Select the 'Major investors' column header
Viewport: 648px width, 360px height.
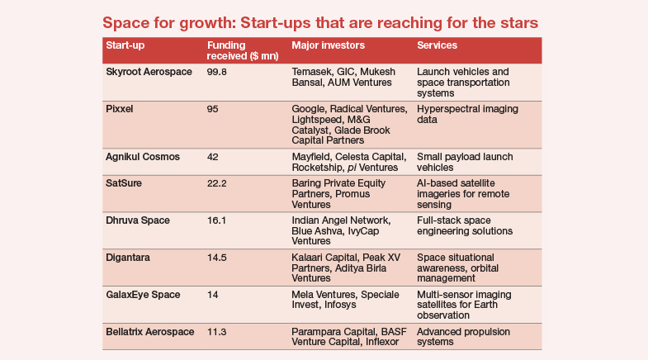[329, 45]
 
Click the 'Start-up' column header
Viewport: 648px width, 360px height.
[127, 45]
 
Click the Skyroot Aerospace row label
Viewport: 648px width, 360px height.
[149, 72]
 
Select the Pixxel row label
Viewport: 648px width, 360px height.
[121, 108]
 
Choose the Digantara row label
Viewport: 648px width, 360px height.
[129, 258]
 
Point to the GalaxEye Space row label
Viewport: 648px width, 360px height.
[144, 295]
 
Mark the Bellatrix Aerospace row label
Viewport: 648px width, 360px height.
[150, 331]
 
